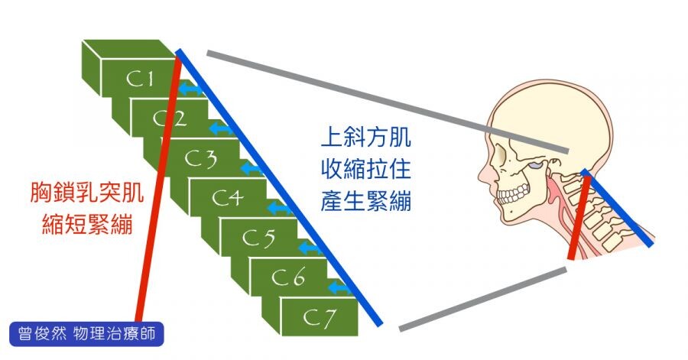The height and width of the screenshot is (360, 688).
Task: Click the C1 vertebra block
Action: (x=138, y=77)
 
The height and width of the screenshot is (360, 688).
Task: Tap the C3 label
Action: (x=202, y=159)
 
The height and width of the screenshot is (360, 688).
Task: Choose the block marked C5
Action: (x=259, y=238)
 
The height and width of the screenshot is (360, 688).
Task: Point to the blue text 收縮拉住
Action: (x=365, y=170)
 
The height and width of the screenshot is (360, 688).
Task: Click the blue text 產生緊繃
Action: (x=365, y=203)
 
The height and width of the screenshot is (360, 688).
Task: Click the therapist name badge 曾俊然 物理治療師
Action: (x=87, y=335)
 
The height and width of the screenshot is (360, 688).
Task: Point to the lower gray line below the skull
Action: (x=482, y=298)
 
